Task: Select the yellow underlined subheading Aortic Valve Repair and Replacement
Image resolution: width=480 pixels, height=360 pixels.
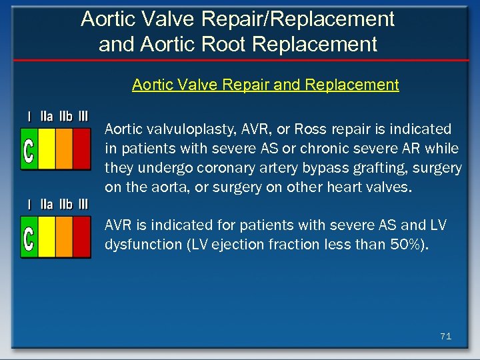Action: pos(265,85)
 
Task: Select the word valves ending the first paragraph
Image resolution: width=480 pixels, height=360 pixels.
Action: pos(389,187)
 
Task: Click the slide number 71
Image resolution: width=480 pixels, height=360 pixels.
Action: pos(445,337)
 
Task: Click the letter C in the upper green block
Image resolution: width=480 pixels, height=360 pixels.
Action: pos(29,149)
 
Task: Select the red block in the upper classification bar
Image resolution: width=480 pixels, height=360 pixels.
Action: pos(81,149)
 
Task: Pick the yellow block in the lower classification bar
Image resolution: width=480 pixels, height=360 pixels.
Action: pos(47,238)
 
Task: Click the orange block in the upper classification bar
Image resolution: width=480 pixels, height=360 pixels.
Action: pos(64,149)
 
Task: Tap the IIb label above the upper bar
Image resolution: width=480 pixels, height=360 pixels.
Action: pos(65,116)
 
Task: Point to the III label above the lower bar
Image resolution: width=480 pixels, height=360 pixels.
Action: pos(83,204)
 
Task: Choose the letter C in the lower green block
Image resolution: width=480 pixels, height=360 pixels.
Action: pos(29,238)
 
